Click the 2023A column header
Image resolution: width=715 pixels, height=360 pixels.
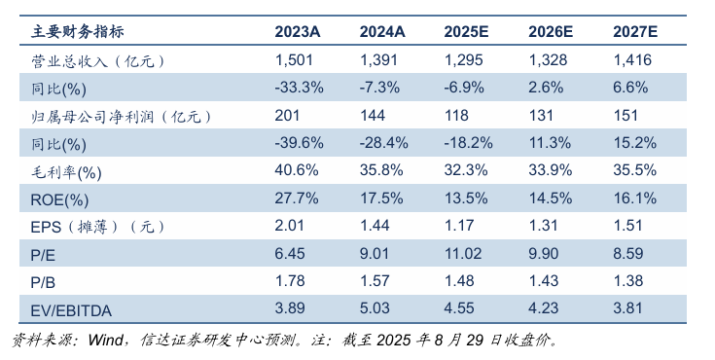coord(298,32)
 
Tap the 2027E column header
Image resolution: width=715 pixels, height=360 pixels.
coord(635,32)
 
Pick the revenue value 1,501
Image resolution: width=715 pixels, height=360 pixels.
coord(294,60)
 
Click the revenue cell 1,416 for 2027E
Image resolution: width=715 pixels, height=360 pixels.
coord(631,60)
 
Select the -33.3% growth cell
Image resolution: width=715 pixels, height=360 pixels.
coord(299,88)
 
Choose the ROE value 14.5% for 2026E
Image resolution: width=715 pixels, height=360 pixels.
coord(550,199)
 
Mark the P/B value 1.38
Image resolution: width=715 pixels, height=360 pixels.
coord(629,283)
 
